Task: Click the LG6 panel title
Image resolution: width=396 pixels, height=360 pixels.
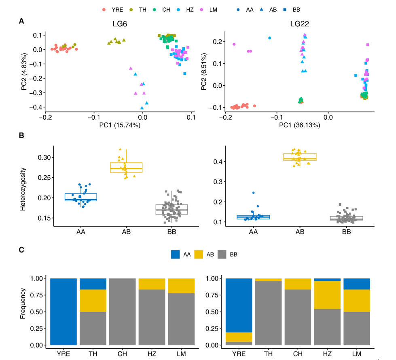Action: (x=121, y=24)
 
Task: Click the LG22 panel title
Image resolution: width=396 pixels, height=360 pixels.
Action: (x=300, y=24)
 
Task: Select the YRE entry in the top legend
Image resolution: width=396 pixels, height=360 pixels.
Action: (x=113, y=9)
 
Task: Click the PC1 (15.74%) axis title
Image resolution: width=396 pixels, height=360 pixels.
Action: (x=120, y=125)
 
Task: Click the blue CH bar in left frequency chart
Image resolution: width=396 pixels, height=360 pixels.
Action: (x=123, y=311)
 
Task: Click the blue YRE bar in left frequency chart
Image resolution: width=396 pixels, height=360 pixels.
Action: (x=64, y=311)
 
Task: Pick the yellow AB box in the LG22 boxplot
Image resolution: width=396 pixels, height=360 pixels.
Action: (x=300, y=157)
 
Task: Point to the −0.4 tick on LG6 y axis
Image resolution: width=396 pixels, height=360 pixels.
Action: (x=38, y=107)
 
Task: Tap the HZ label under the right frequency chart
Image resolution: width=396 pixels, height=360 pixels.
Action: (x=327, y=354)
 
